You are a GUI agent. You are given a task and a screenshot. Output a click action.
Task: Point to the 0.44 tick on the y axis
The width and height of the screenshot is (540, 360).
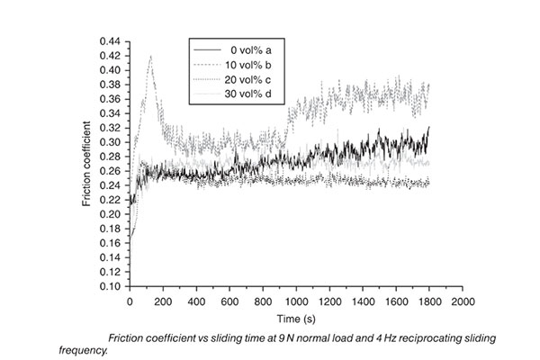pyautogui.click(x=113, y=41)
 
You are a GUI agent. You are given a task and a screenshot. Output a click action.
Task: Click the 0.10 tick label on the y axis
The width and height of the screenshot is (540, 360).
pyautogui.click(x=113, y=286)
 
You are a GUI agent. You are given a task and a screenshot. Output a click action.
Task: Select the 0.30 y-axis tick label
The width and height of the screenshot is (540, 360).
pyautogui.click(x=113, y=142)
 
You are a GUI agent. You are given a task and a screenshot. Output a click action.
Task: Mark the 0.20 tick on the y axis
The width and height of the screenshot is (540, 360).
pyautogui.click(x=113, y=214)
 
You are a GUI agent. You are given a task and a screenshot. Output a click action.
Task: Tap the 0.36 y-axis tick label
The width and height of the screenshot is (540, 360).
pyautogui.click(x=113, y=99)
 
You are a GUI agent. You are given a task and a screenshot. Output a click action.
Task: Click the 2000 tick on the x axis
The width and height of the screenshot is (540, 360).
pyautogui.click(x=463, y=301)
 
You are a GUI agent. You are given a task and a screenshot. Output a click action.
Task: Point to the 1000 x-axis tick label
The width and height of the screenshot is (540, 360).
pyautogui.click(x=296, y=301)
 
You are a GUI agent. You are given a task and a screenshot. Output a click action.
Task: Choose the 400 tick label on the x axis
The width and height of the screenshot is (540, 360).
pyautogui.click(x=196, y=301)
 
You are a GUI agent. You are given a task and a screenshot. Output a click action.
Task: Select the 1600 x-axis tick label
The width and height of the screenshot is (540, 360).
pyautogui.click(x=396, y=301)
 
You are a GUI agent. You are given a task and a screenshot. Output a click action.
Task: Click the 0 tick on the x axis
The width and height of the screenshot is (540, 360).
pyautogui.click(x=130, y=301)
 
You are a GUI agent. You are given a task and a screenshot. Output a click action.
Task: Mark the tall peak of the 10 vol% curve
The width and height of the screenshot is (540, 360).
pyautogui.click(x=149, y=57)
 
